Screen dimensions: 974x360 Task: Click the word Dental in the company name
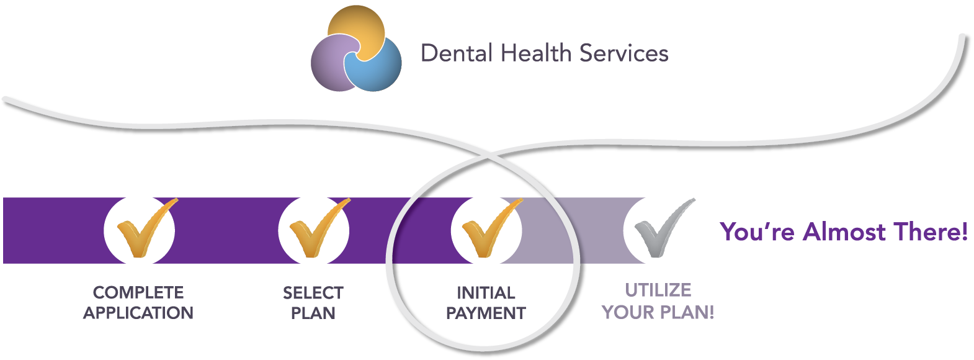pyautogui.click(x=457, y=53)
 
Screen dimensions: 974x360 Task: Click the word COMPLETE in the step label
pyautogui.click(x=138, y=292)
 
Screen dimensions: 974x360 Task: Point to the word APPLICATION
pyautogui.click(x=138, y=313)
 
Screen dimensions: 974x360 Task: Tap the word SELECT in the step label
pyautogui.click(x=313, y=292)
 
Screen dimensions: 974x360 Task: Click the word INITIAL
pyautogui.click(x=486, y=292)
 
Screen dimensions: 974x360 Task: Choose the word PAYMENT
pyautogui.click(x=486, y=313)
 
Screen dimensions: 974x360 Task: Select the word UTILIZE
pyautogui.click(x=658, y=290)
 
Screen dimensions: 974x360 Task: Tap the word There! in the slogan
pyautogui.click(x=930, y=232)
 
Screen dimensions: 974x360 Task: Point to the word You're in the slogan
pyautogui.click(x=757, y=232)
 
